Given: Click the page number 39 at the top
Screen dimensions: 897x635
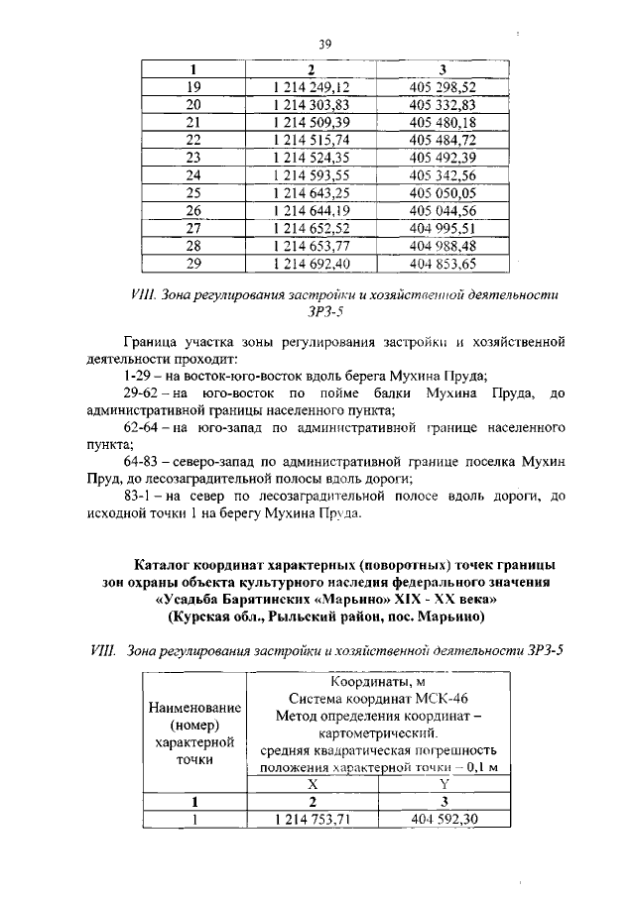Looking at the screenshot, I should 323,44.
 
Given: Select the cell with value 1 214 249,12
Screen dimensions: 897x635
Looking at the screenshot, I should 312,86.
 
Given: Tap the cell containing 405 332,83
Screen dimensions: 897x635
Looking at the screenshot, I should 443,104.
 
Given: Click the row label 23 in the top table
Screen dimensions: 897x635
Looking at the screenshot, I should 193,157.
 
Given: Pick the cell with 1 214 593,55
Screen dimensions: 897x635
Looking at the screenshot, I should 312,174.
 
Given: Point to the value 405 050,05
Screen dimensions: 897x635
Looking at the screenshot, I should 443,192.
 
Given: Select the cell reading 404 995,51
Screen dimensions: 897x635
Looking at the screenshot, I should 443,228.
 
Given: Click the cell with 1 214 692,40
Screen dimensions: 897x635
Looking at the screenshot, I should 312,263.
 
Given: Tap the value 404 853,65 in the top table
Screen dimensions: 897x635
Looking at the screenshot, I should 443,263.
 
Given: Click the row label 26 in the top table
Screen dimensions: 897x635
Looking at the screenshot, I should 193,210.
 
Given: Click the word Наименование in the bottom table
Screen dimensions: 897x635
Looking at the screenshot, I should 194,708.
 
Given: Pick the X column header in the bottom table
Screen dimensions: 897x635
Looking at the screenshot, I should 312,783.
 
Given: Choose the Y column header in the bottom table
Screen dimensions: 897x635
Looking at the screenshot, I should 444,783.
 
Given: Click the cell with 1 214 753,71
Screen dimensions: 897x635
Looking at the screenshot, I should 312,819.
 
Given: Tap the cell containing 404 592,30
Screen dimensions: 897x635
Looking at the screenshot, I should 444,819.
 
